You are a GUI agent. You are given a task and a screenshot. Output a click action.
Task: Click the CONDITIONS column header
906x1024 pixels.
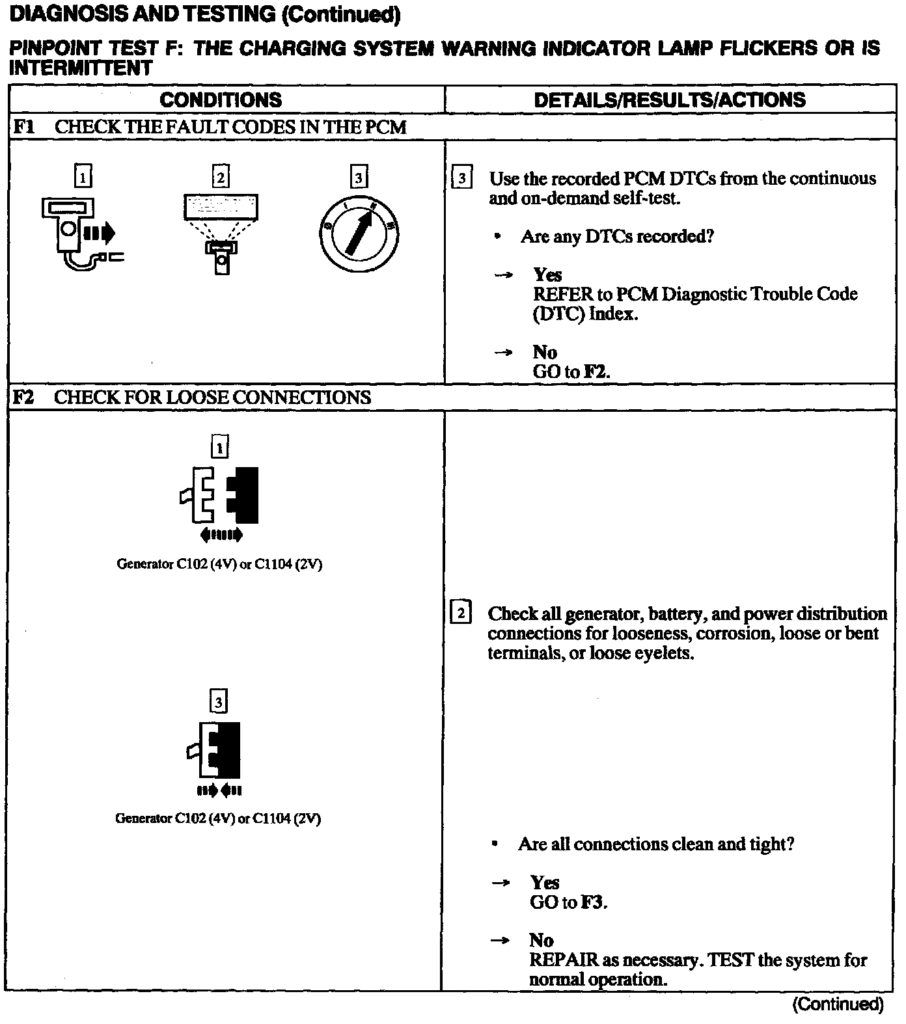pyautogui.click(x=221, y=100)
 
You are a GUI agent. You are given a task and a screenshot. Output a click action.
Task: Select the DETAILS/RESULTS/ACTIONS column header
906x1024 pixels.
pyautogui.click(x=669, y=100)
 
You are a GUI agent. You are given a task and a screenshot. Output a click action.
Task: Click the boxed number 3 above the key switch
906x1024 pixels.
pyautogui.click(x=359, y=177)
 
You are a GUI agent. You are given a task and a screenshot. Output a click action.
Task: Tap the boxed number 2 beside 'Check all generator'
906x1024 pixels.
pyautogui.click(x=460, y=613)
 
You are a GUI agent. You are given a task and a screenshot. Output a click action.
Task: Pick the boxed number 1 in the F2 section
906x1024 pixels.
pyautogui.click(x=220, y=447)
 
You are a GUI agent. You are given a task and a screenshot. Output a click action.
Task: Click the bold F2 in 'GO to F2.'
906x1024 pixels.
pyautogui.click(x=596, y=372)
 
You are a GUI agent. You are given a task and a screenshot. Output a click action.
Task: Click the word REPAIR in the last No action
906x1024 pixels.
pyautogui.click(x=564, y=960)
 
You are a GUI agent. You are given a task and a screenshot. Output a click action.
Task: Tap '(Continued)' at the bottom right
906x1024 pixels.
pyautogui.click(x=838, y=1004)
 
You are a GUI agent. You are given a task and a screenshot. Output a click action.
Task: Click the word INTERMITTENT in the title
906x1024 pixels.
pyautogui.click(x=81, y=68)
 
